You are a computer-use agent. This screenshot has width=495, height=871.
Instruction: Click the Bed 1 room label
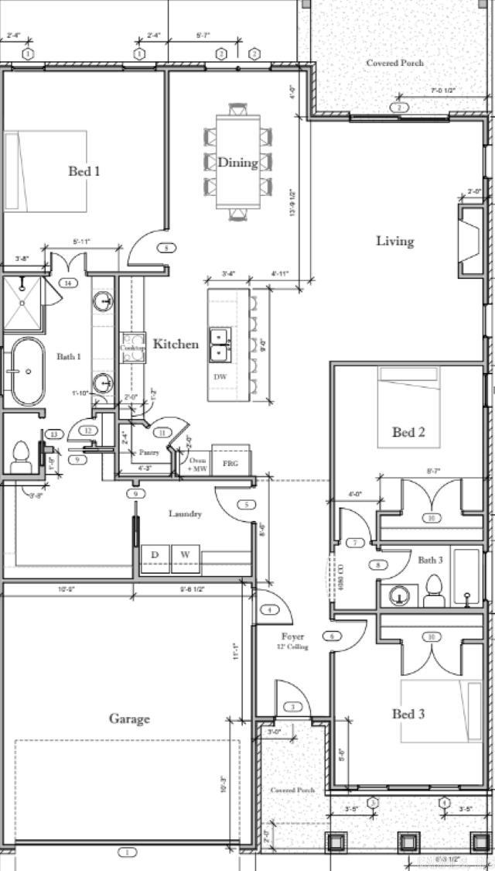tap(84, 171)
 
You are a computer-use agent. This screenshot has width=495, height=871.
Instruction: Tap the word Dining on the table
tap(237, 163)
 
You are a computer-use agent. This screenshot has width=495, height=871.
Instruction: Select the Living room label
tap(394, 241)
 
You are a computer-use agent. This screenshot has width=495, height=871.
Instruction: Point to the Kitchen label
tap(176, 344)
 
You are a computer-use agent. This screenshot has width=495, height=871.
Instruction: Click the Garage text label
tap(129, 718)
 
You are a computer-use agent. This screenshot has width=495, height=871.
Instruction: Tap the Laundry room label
tap(186, 513)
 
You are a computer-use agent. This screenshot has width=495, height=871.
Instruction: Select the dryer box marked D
tap(155, 555)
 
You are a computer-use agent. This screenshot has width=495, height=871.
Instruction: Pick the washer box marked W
tap(185, 555)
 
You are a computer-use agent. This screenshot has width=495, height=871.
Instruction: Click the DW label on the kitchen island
tap(220, 375)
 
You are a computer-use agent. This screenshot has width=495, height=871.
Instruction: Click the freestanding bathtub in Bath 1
tap(26, 372)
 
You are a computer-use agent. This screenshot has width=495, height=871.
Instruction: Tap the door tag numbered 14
tap(68, 283)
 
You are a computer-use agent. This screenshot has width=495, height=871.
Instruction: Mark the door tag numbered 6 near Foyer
tap(332, 636)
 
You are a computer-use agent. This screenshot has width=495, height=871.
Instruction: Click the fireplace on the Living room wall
tap(469, 241)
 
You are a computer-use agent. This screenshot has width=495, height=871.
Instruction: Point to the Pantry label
tap(148, 451)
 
